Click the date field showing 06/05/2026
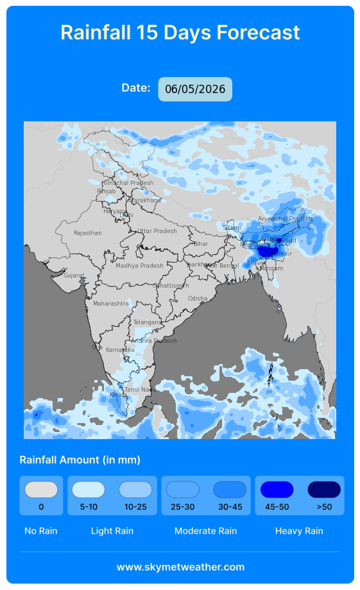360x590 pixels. pos(195,89)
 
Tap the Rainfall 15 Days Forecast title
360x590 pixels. pos(180,32)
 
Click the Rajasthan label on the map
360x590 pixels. pos(87,233)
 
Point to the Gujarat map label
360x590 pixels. pos(74,275)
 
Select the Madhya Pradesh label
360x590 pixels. pos(139,266)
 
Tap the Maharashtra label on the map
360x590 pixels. pos(111,303)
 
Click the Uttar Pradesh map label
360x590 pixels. pos(157,231)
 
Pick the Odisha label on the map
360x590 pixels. pos(198,299)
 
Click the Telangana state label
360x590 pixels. pos(148,322)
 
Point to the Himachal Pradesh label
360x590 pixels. pos(128,183)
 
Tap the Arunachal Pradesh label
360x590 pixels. pos(285,219)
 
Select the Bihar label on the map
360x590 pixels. pos(201,244)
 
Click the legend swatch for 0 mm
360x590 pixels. pos(41,490)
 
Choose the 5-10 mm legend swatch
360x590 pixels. pos(89,490)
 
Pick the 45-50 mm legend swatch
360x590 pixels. pos(277,490)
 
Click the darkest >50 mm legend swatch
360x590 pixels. pos(324,490)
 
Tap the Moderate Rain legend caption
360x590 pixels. pos(205,531)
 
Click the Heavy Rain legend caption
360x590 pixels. pos(299,531)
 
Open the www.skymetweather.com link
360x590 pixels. pos(180,567)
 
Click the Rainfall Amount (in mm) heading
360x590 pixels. pos(80,460)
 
